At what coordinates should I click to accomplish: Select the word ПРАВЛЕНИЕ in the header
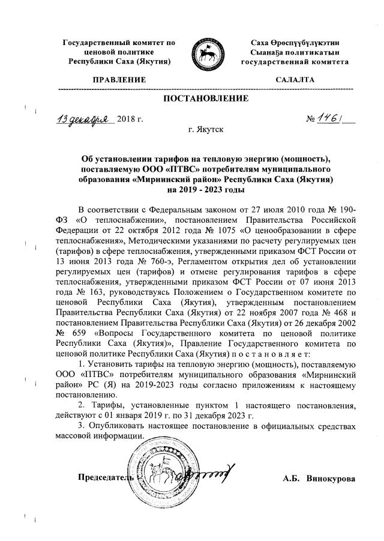pos(119,79)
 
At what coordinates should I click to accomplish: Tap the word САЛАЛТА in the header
pos(294,79)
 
